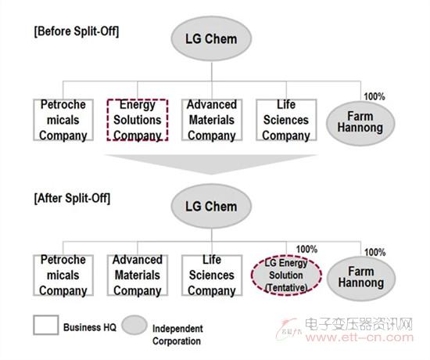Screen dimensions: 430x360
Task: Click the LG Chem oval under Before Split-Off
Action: [211, 38]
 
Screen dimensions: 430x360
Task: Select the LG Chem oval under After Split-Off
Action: [211, 207]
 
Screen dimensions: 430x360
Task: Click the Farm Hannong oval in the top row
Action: [360, 123]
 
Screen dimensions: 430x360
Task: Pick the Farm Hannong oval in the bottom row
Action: [361, 278]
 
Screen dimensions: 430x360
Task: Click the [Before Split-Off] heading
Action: [77, 31]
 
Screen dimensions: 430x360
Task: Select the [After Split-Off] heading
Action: [72, 198]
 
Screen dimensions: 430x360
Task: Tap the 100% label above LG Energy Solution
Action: [307, 249]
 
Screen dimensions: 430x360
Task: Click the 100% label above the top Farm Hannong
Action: [374, 96]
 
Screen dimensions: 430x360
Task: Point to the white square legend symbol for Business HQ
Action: [46, 325]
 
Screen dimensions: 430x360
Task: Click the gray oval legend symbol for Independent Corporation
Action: [134, 325]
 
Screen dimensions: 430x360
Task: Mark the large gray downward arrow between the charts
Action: [211, 164]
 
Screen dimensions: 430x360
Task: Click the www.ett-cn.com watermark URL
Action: [360, 337]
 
